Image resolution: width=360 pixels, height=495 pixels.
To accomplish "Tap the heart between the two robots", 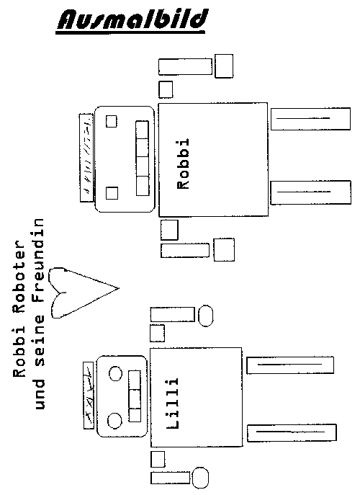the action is [83, 293].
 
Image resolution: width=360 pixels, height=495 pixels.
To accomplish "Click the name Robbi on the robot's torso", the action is [183, 164].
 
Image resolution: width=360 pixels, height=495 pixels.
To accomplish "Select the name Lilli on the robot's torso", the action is [172, 403].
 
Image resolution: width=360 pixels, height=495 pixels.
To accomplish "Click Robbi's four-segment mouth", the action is [143, 159].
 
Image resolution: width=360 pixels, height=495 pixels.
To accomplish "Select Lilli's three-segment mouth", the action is [135, 396].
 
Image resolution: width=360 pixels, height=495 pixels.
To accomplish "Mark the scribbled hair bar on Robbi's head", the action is [86, 158].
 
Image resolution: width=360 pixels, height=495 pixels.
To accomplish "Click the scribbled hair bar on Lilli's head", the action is [89, 396].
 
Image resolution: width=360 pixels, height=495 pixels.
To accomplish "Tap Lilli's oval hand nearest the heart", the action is [205, 316].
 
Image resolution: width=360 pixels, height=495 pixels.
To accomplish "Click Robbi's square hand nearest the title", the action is [224, 66].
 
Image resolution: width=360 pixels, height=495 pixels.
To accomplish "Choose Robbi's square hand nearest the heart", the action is [224, 250].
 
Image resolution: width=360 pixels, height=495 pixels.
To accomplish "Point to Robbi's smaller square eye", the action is [111, 121].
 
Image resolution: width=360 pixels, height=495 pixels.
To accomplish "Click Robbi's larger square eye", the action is [112, 193].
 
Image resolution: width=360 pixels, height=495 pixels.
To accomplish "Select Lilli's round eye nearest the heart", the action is [115, 374].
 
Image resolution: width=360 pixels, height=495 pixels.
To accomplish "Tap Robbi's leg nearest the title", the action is [310, 119].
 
